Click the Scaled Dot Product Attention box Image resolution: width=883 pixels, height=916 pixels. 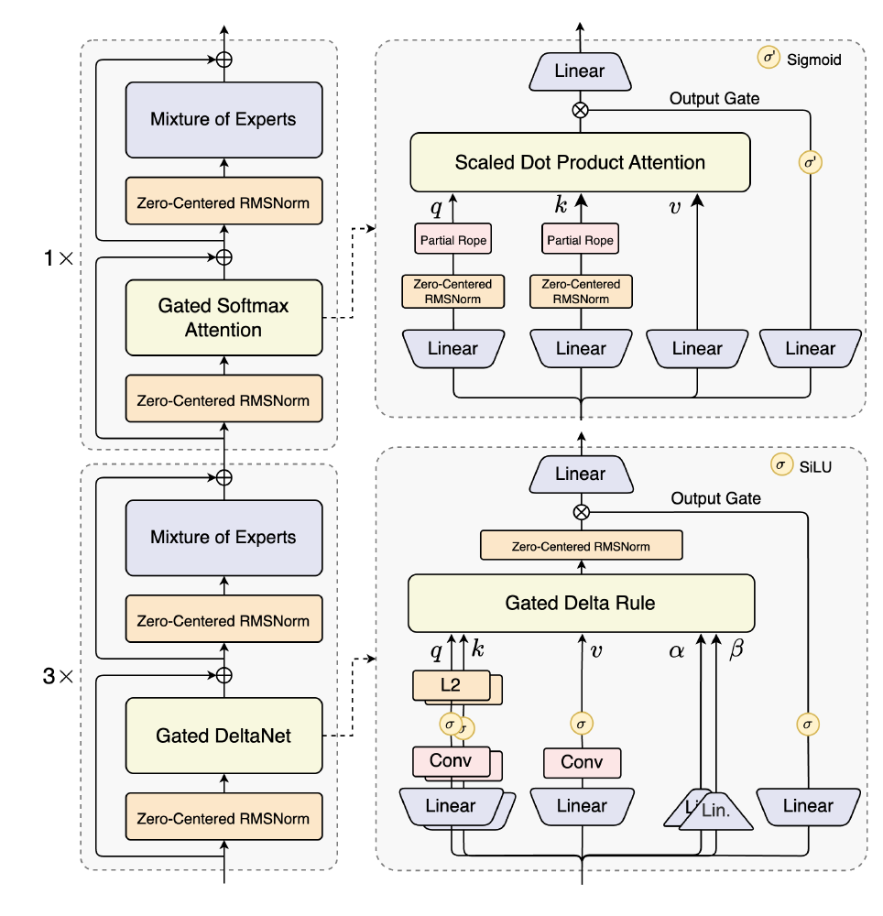(580, 162)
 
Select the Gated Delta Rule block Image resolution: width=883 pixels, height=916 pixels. (580, 604)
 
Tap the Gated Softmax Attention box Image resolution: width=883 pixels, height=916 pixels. (223, 318)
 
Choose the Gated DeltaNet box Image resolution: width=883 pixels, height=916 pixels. (223, 736)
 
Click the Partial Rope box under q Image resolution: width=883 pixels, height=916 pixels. (453, 241)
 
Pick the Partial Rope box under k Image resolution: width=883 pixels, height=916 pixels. (581, 241)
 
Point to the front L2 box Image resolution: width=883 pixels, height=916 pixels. (449, 685)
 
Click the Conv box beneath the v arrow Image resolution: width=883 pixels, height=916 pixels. (582, 762)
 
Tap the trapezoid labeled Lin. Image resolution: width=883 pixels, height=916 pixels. (716, 811)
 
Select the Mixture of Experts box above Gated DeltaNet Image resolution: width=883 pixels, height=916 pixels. (223, 538)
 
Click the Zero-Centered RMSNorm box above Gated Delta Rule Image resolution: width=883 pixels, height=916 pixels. (581, 547)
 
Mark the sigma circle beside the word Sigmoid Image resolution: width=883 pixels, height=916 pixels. (768, 59)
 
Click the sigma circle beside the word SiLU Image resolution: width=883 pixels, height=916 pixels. (780, 464)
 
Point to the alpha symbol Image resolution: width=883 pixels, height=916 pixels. (677, 651)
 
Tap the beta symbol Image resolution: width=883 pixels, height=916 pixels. (736, 651)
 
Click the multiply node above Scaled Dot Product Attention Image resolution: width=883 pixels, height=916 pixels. (580, 109)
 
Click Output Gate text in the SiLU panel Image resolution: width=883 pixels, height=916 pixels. (715, 498)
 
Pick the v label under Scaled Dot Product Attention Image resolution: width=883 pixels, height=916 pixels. (675, 207)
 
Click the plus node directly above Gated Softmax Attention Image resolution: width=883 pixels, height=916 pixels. (223, 257)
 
